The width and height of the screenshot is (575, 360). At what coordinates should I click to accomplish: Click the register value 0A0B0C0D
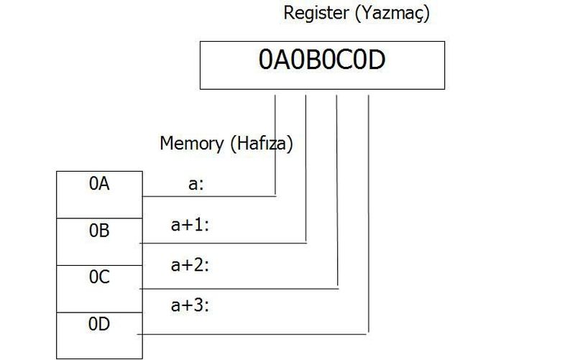tap(322, 62)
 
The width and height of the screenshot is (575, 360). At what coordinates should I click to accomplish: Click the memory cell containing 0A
tap(100, 185)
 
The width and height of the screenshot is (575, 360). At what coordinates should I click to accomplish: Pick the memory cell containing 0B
tap(100, 231)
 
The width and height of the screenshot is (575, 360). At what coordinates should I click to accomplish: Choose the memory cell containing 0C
tap(100, 277)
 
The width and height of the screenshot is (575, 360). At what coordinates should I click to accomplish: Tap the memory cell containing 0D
tap(100, 324)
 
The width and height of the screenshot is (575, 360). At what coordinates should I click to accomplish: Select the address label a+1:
tap(190, 225)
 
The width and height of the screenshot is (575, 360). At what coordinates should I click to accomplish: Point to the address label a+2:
tap(190, 265)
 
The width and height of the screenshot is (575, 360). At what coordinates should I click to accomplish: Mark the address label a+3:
tap(190, 305)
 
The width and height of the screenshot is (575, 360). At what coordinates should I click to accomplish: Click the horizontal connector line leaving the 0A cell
tap(208, 195)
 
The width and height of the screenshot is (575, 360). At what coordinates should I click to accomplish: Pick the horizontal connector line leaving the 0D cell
tap(252, 334)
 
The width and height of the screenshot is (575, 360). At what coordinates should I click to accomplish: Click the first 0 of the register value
tap(265, 62)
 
